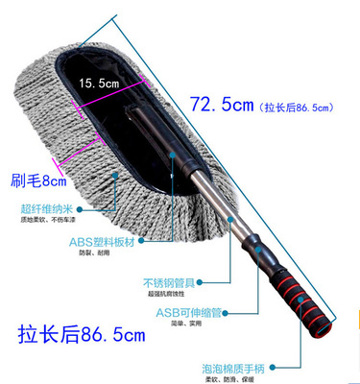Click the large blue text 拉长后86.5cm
tap(82, 336)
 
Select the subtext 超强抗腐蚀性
tap(173, 297)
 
